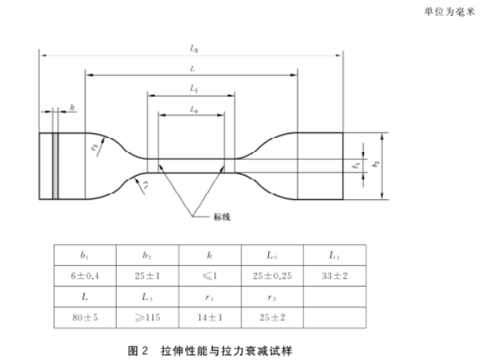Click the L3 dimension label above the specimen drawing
tap(193, 49)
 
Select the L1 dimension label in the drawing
tap(193, 89)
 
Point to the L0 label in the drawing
tap(192, 111)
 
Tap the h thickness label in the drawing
tap(72, 107)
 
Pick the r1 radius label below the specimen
tap(145, 184)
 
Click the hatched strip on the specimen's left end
tap(55, 165)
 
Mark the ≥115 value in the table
tap(147, 319)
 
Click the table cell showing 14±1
tap(209, 319)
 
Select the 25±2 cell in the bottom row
tap(271, 319)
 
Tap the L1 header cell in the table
tap(334, 255)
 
